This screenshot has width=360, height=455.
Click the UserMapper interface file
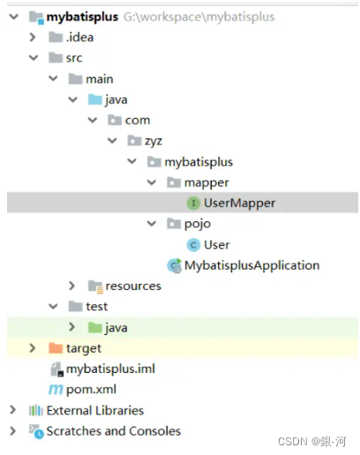tap(239, 203)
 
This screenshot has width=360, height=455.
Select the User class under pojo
tap(217, 244)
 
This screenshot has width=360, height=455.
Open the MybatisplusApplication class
tap(251, 265)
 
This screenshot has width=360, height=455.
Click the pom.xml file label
tap(91, 390)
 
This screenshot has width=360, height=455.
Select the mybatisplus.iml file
tap(110, 369)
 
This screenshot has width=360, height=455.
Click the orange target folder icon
tap(56, 348)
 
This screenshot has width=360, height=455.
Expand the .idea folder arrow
tap(33, 37)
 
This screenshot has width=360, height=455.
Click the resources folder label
tap(133, 286)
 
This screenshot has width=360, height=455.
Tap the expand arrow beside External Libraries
tap(12, 410)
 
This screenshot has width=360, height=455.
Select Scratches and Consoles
tap(114, 431)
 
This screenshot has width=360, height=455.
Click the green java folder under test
tap(95, 327)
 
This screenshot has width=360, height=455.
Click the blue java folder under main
tap(95, 100)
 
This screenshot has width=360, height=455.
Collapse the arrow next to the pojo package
tap(152, 224)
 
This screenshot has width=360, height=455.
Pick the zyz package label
tap(154, 141)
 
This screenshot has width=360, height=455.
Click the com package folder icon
tap(115, 120)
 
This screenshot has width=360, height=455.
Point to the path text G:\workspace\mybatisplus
tap(199, 17)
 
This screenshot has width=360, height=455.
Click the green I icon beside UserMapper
tap(193, 203)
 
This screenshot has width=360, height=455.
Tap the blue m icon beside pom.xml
tap(56, 390)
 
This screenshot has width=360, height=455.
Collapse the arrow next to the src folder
tap(34, 57)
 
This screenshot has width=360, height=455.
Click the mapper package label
tap(206, 183)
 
